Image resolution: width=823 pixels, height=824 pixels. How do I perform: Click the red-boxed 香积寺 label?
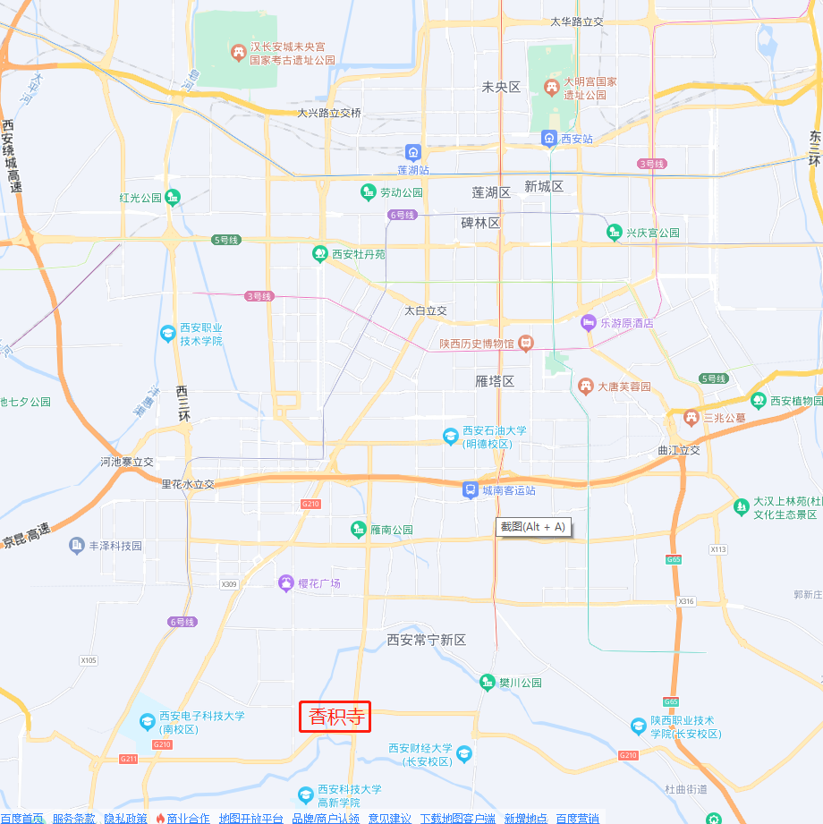[x=335, y=716]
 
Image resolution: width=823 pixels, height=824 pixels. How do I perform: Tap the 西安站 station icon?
[x=548, y=138]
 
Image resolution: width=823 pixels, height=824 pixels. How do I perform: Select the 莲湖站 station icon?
[x=412, y=152]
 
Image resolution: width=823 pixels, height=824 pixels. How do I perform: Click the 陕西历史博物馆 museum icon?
[x=526, y=343]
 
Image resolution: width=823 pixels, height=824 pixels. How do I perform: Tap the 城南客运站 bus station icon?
[x=470, y=489]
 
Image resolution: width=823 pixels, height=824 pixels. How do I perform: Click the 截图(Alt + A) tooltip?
[x=533, y=527]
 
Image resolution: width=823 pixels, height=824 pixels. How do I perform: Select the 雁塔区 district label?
[x=495, y=381]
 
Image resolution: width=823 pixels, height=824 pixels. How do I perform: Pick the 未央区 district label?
[x=501, y=87]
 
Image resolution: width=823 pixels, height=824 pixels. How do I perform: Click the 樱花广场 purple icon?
[x=285, y=583]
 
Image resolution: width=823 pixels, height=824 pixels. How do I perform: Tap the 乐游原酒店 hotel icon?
[x=588, y=322]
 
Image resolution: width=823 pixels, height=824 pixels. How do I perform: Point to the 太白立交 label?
[x=425, y=310]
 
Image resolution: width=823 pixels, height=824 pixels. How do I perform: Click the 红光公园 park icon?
[x=173, y=197]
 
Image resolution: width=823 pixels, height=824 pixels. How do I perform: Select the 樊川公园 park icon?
[x=487, y=682]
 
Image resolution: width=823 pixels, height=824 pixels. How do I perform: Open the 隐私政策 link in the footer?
[x=125, y=818]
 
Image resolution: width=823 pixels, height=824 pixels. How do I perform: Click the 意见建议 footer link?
[x=389, y=818]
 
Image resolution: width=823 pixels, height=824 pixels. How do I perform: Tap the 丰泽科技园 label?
[x=115, y=545]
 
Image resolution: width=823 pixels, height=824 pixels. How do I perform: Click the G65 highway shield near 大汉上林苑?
[x=673, y=559]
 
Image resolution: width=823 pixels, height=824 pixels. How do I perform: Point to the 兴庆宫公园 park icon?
[x=614, y=233]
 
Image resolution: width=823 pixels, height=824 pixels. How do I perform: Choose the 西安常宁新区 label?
[x=427, y=640]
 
